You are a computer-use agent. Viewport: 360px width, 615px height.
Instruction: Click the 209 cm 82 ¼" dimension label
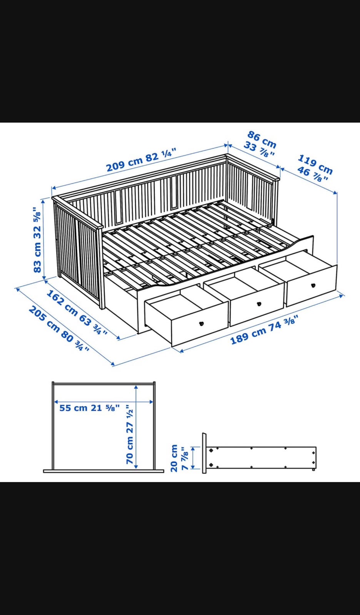141,160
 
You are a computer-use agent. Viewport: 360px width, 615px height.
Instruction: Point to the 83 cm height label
37,240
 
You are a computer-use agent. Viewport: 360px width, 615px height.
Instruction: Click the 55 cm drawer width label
90,408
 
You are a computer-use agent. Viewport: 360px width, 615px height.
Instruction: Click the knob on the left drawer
202,324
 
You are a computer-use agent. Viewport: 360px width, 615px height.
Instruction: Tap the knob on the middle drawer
258,304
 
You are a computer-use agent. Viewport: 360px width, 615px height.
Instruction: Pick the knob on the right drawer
313,285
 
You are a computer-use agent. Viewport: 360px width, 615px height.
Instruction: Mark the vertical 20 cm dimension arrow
193,458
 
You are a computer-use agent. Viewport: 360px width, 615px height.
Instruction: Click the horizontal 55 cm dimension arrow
103,402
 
